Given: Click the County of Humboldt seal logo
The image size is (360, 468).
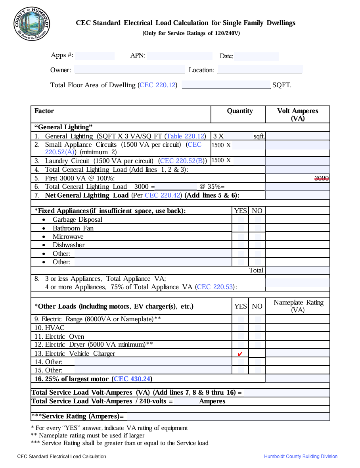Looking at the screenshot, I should [x=32, y=23].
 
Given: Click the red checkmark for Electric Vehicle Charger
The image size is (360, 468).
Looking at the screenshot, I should [x=240, y=354].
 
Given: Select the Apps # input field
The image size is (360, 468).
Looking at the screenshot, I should [x=95, y=56].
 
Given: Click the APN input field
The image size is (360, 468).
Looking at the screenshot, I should [x=179, y=56].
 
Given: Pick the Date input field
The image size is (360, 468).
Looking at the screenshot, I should [x=256, y=56].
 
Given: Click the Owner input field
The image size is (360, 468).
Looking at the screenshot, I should [x=130, y=70].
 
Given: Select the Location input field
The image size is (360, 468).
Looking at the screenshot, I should [x=260, y=70].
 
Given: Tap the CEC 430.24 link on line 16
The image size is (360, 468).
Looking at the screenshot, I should [x=132, y=379].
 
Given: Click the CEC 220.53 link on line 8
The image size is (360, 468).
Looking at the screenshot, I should [x=215, y=287].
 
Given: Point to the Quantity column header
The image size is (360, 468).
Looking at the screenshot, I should [x=239, y=111].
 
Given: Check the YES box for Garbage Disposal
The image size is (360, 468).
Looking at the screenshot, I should [x=241, y=219].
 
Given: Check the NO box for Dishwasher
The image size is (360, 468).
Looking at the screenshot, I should [x=257, y=245].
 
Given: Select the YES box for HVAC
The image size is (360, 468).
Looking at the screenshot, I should [x=241, y=328].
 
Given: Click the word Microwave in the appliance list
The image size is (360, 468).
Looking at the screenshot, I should [x=68, y=237].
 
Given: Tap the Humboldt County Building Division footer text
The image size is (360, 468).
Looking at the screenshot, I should [x=301, y=456].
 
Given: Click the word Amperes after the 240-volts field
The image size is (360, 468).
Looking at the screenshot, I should [x=212, y=401].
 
